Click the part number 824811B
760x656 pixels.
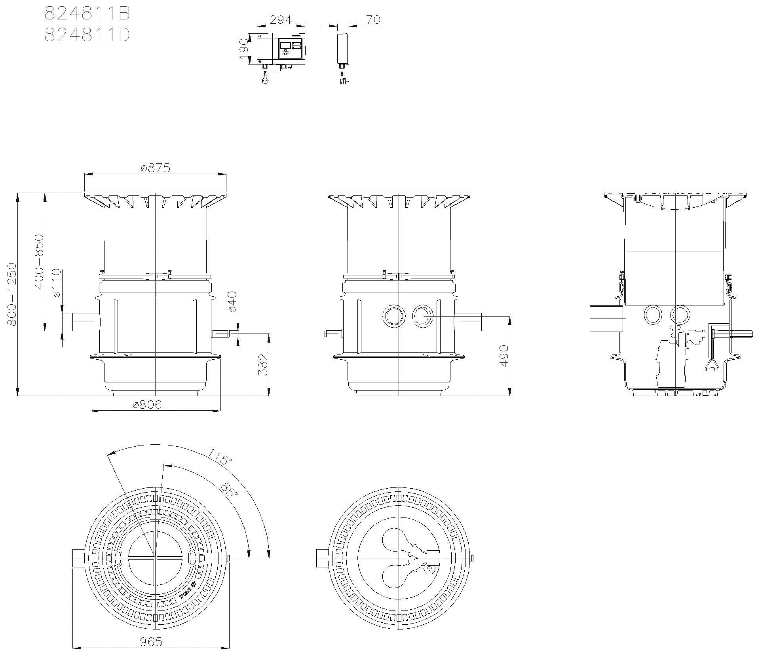[87, 14]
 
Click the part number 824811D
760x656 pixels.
[87, 35]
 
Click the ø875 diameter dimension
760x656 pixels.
[156, 168]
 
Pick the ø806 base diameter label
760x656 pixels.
[147, 405]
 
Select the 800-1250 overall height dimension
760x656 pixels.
[11, 294]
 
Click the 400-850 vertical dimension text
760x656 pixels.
[39, 262]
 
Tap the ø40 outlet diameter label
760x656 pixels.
[232, 301]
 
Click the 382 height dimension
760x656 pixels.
[263, 364]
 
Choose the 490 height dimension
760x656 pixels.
[503, 356]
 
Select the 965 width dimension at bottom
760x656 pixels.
[151, 642]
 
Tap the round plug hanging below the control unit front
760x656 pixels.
[265, 80]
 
